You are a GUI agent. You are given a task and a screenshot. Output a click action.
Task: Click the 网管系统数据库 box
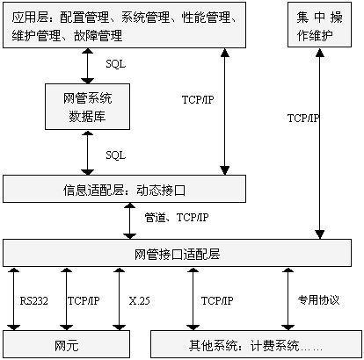coord(87,106)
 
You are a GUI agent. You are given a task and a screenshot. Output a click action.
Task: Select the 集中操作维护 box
coord(319,25)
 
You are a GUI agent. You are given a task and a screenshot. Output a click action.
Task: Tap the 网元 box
coord(66,344)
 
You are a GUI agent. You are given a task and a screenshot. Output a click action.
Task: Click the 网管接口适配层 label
coord(177,254)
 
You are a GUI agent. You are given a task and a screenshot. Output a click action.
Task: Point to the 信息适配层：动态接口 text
coord(124,190)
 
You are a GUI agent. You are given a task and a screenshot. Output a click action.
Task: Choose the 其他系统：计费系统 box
coord(257,344)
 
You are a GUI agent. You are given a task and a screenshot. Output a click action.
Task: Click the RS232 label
coord(34,300)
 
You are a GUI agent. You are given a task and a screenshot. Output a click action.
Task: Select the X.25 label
coord(139,300)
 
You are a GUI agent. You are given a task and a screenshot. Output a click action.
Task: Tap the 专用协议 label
coord(318,300)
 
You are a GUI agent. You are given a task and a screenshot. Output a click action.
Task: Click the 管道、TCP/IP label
coord(177,218)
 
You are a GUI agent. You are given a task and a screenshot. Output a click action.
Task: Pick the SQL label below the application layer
coord(116,64)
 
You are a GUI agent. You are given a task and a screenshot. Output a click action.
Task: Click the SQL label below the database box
coord(116,155)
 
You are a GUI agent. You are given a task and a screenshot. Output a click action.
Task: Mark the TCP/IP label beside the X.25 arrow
coord(84,300)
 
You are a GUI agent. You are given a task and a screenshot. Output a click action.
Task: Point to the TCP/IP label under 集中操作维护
coord(303,118)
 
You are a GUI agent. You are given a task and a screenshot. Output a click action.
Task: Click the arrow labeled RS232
coord(13,299)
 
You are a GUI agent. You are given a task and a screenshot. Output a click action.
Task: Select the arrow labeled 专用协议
coord(288,299)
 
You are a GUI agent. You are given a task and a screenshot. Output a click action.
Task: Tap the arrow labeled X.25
coord(119,299)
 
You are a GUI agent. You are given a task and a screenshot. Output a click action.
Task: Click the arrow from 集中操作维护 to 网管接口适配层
coord(319,143)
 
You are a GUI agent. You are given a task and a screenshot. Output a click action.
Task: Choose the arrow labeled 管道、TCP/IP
coord(129,221)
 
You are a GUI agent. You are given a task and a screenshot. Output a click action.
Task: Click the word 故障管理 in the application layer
coord(98,35)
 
